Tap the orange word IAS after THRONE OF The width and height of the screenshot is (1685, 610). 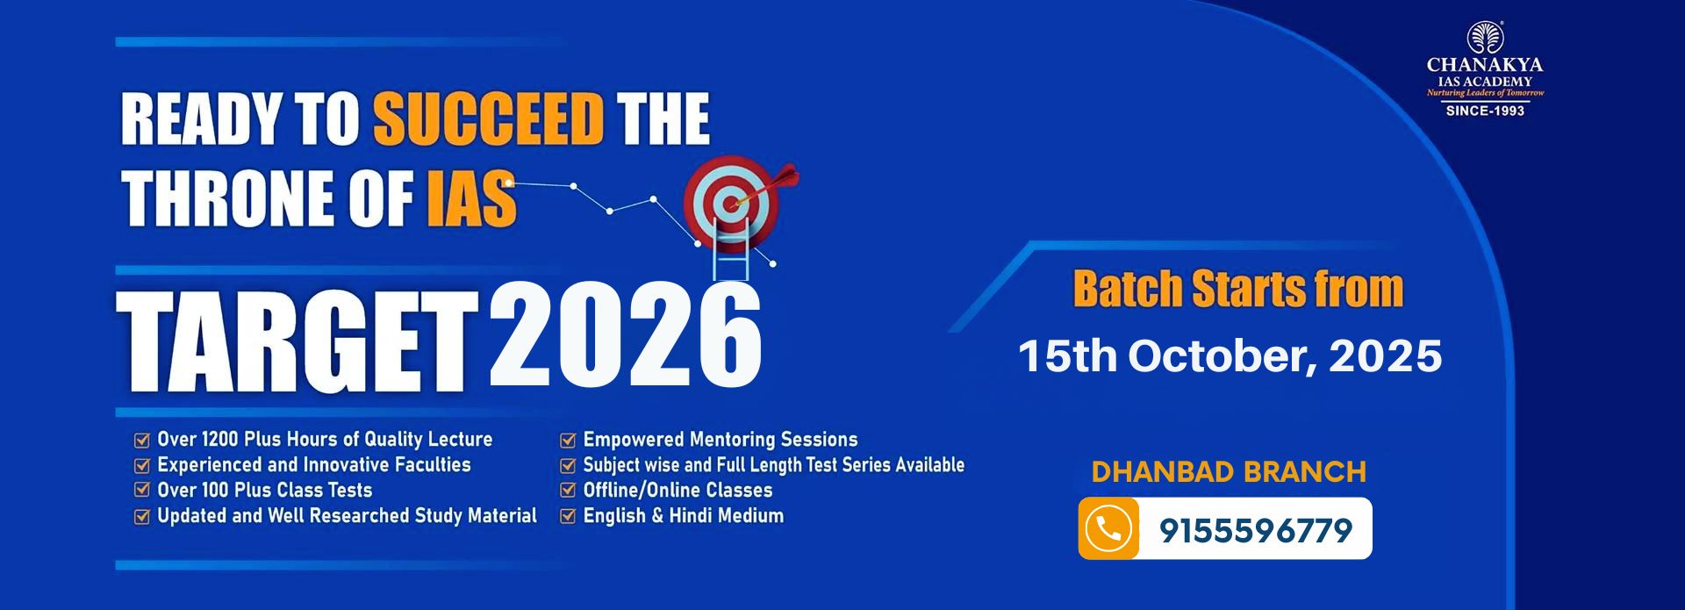tap(471, 197)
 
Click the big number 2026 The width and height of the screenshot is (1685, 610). tap(626, 334)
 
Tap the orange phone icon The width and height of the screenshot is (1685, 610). tap(1108, 528)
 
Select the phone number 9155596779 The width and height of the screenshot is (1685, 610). tap(1256, 530)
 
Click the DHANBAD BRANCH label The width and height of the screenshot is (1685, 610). tap(1229, 472)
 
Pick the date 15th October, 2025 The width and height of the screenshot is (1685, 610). tap(1230, 356)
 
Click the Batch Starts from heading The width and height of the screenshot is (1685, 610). tap(1238, 289)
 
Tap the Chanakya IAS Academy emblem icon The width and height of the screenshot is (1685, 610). tap(1485, 38)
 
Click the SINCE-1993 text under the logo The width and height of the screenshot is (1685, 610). tap(1485, 111)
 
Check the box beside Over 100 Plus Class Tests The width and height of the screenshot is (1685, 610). tap(141, 491)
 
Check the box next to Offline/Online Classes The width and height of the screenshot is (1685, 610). tap(568, 491)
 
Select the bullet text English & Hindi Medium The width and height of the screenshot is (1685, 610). tap(683, 516)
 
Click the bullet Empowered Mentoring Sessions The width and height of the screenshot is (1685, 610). tap(721, 440)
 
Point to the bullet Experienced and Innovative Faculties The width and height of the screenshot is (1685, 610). tap(314, 465)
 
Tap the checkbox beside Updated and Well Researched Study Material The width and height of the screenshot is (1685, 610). tap(141, 516)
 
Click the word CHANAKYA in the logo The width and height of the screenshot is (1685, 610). tap(1485, 65)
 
